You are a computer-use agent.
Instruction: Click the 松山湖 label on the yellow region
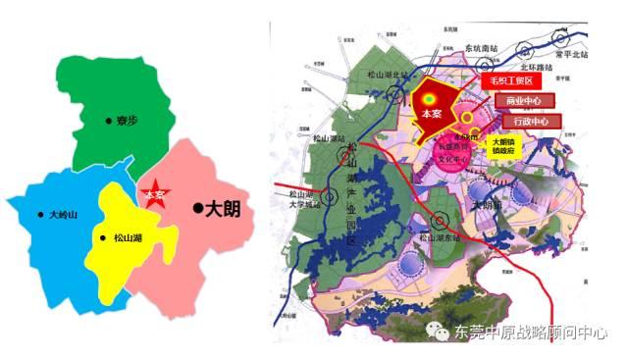coord(129,237)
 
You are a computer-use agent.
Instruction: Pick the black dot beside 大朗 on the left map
coord(197,208)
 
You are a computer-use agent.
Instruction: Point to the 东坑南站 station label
coord(486,47)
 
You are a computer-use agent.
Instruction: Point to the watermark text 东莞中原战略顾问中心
coord(530,334)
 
